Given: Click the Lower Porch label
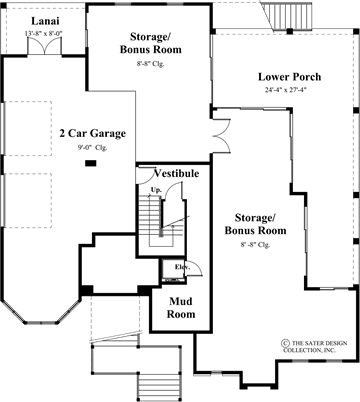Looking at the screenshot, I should (287, 76).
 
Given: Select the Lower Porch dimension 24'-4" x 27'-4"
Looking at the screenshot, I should (287, 90).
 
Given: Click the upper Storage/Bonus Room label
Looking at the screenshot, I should (150, 44).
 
